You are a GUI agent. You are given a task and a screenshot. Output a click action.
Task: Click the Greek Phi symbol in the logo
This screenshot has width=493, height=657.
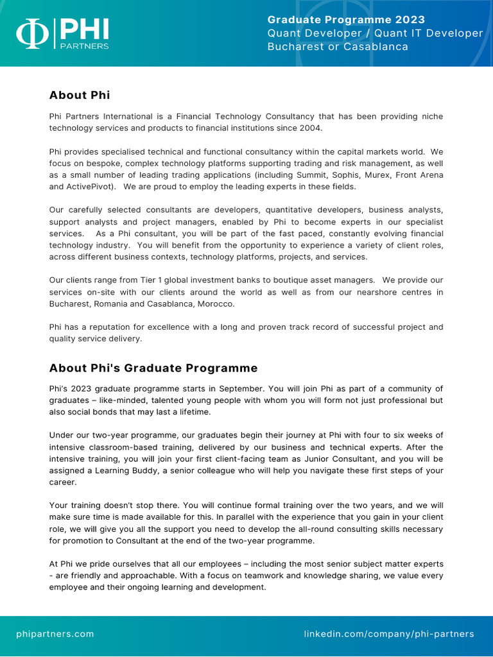[x=32, y=35]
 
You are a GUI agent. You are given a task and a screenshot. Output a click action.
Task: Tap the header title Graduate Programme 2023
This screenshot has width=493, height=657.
[x=346, y=20]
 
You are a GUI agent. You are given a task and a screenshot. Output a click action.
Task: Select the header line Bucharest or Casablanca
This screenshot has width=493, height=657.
[x=338, y=47]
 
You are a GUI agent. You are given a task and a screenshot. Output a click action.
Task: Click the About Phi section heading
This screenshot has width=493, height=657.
[x=80, y=95]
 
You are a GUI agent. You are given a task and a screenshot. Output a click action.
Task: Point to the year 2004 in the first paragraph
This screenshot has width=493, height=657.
[x=310, y=128]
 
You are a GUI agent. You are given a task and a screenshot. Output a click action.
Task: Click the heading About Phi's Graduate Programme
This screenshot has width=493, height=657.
[x=153, y=368]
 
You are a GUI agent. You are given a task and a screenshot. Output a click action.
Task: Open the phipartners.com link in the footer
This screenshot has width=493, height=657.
[x=55, y=634]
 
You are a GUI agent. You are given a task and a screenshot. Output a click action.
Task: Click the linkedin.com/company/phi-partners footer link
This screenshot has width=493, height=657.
[x=389, y=634]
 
